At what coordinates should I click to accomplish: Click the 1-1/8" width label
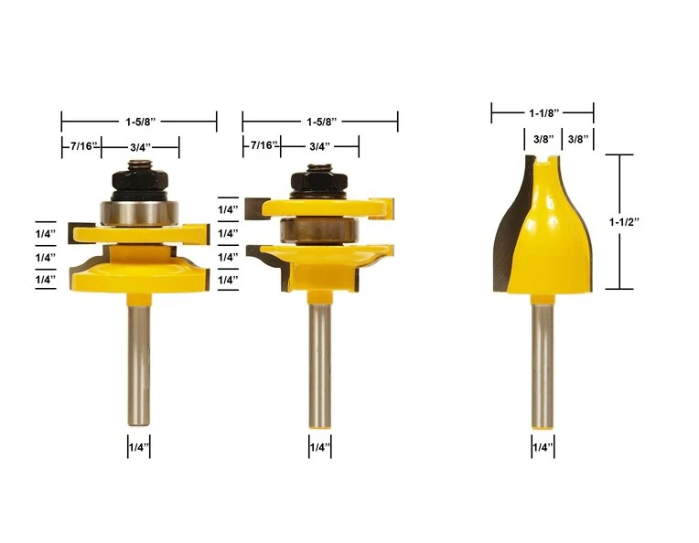(x=543, y=112)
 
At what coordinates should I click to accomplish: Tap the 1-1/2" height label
(x=624, y=221)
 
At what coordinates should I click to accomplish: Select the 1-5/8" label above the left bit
(x=140, y=122)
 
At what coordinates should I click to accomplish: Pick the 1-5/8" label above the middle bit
(x=321, y=122)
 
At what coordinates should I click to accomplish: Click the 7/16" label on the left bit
(x=84, y=145)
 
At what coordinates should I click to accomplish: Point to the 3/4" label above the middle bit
(x=319, y=146)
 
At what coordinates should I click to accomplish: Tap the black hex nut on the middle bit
(x=319, y=181)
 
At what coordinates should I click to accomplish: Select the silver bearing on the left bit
(x=139, y=213)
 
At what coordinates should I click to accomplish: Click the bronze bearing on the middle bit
(x=319, y=229)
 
